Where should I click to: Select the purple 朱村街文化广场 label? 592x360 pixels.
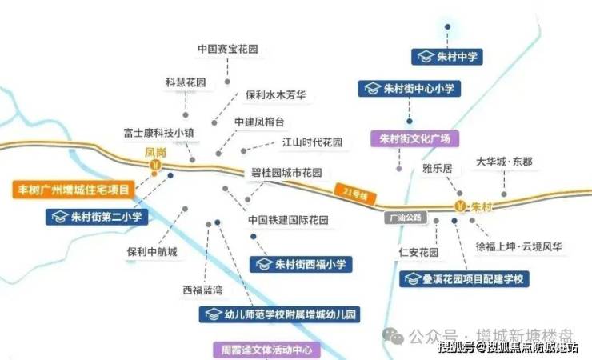coord(414,138)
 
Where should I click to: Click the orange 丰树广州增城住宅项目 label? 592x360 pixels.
coord(74,190)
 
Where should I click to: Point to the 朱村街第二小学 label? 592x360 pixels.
coord(98,216)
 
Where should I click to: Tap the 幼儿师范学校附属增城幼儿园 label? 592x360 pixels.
coord(279,314)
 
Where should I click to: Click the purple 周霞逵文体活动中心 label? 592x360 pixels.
coord(266,350)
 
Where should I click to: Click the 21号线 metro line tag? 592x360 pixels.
coord(346,193)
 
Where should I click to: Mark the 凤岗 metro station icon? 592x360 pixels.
coord(156,166)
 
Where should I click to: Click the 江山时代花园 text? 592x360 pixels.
coord(312,142)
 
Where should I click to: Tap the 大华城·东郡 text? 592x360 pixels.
coord(504,162)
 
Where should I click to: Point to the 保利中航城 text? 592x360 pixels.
coord(152,252)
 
